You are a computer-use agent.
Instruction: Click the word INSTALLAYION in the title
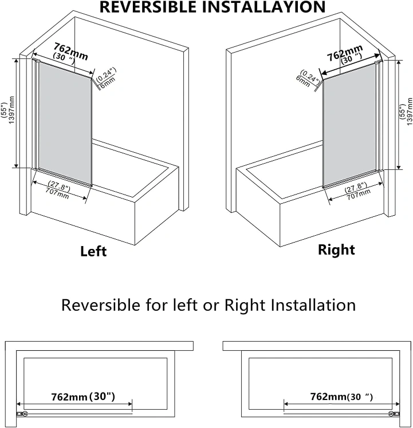coord(263,7)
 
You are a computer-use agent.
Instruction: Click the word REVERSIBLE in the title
coord(148,7)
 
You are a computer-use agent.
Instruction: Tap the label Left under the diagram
coord(93,251)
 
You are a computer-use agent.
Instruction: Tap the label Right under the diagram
coord(336,250)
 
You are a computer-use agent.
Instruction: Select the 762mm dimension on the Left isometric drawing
coord(71,51)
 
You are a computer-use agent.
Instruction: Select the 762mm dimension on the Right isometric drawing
coord(345,53)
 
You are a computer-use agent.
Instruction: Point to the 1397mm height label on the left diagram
coord(11,110)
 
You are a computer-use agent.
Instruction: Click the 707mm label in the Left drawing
coord(57,193)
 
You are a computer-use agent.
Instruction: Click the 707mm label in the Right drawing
coord(359,194)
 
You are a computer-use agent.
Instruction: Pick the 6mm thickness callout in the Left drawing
coord(108,83)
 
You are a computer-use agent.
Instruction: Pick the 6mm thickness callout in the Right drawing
coord(303,81)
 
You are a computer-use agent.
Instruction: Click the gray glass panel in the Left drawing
coord(65,123)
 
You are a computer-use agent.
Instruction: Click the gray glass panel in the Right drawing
coord(349,125)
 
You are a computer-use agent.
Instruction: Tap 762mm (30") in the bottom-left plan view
coord(83,397)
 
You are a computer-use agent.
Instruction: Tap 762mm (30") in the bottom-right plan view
coord(341,397)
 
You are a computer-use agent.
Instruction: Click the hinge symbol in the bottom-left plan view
coord(22,414)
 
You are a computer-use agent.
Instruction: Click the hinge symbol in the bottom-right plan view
coord(394,414)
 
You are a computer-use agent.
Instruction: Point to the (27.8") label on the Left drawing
coord(60,186)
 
